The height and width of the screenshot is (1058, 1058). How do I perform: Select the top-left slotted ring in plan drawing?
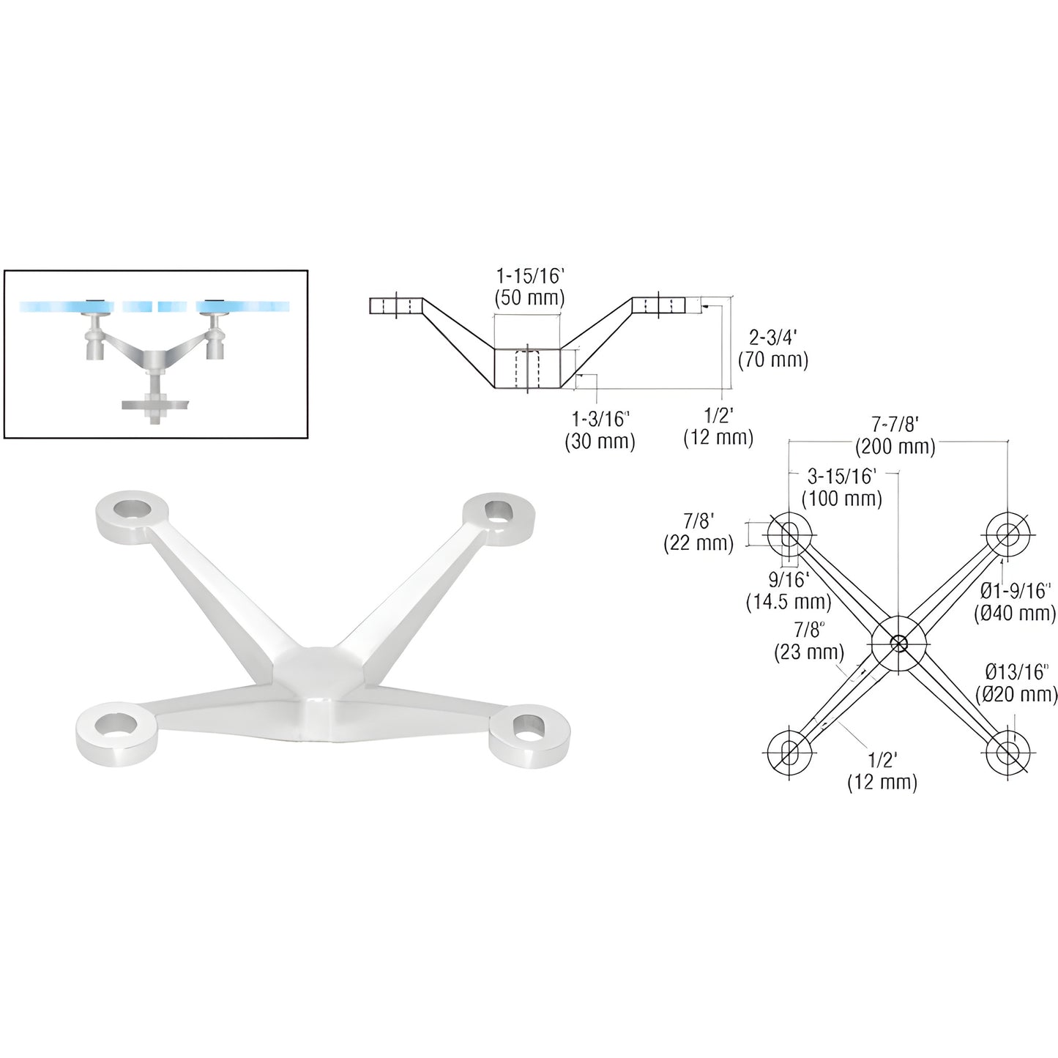click(x=789, y=534)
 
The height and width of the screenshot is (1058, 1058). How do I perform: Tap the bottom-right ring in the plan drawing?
click(x=1007, y=751)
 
